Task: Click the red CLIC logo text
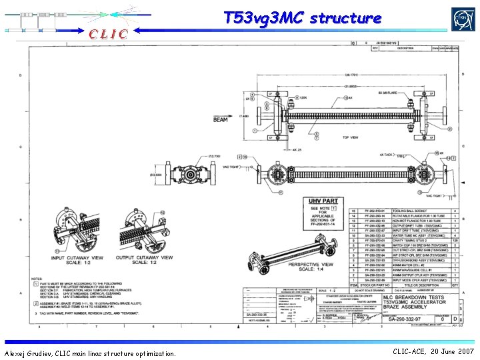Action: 105,33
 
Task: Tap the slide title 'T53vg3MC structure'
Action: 302,17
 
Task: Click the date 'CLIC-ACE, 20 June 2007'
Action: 433,351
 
